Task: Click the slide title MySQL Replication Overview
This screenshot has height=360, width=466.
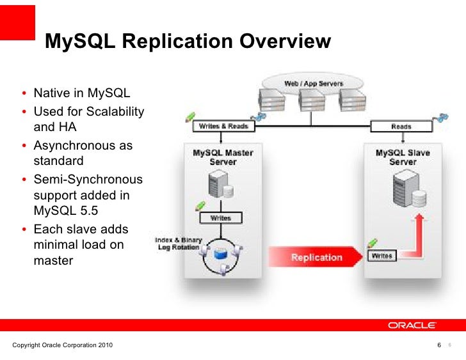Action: pyautogui.click(x=188, y=42)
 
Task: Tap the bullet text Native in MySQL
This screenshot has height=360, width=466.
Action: pyautogui.click(x=81, y=95)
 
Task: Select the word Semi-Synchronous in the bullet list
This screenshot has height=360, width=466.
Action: pyautogui.click(x=88, y=179)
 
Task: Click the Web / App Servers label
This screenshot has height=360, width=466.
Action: pyautogui.click(x=313, y=84)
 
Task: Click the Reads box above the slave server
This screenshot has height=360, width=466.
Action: pyautogui.click(x=401, y=127)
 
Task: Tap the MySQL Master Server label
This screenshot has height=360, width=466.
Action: pyautogui.click(x=223, y=157)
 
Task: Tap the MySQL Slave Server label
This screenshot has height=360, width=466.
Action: pyautogui.click(x=403, y=157)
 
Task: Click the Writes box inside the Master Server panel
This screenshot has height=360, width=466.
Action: pyautogui.click(x=220, y=218)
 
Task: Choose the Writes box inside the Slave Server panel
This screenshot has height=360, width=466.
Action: pyautogui.click(x=383, y=256)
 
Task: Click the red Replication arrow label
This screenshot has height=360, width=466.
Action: pyautogui.click(x=316, y=257)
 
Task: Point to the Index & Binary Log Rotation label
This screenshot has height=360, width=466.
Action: pyautogui.click(x=178, y=244)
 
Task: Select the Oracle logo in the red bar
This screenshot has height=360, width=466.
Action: pyautogui.click(x=412, y=325)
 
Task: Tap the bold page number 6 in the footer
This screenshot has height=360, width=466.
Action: pyautogui.click(x=438, y=346)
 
